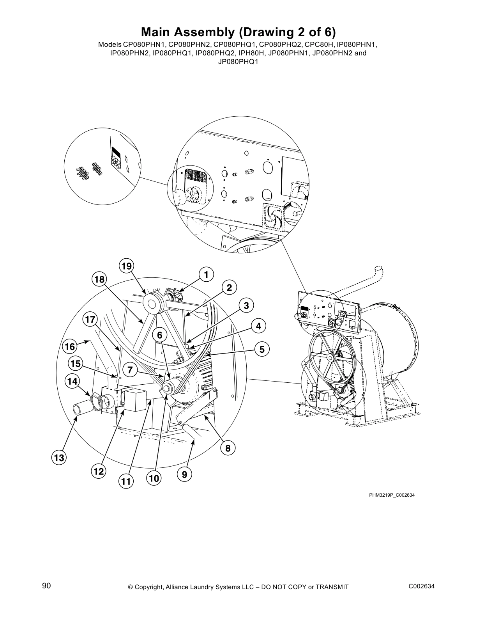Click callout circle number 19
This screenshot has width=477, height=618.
[126, 266]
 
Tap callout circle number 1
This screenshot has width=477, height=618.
[207, 275]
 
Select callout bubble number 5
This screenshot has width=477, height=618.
[262, 349]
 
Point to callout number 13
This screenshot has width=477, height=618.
[59, 458]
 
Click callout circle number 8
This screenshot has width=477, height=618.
[228, 448]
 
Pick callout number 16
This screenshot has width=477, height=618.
[69, 346]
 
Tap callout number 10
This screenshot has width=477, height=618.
[154, 478]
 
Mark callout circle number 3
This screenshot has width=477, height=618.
[246, 305]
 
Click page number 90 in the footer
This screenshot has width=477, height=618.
[46, 586]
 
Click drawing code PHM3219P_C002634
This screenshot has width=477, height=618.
[392, 495]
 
